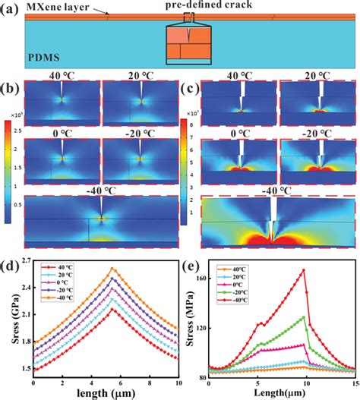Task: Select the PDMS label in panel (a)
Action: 45,55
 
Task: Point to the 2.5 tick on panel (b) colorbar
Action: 10,134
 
